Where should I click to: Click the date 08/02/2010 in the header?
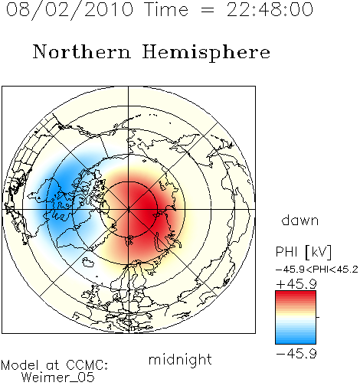[x=70, y=10]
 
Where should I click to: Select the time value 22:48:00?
[x=270, y=9]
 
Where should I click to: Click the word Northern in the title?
[x=82, y=52]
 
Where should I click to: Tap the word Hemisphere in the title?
[x=206, y=53]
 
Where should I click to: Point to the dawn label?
[x=300, y=221]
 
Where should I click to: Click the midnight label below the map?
[x=180, y=360]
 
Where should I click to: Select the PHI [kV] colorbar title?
[x=304, y=252]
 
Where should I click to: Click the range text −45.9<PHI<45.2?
[x=317, y=270]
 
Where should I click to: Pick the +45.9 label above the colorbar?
[x=296, y=284]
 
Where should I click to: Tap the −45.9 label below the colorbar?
[x=296, y=354]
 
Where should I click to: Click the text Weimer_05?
[x=58, y=378]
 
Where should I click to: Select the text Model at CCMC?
[x=54, y=365]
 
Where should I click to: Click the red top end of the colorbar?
[x=296, y=293]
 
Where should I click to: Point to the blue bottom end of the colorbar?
[x=296, y=342]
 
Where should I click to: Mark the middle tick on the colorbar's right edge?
[x=318, y=317]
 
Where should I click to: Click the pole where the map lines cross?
[x=129, y=210]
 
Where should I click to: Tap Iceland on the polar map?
[x=88, y=262]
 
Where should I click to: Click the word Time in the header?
[x=166, y=10]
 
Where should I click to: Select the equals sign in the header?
[x=208, y=10]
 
